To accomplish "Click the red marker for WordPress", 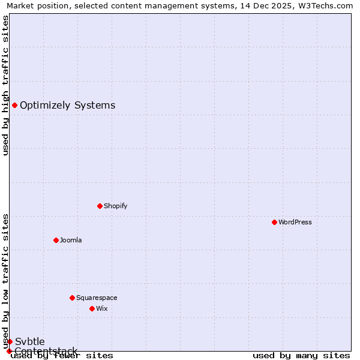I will (274, 222).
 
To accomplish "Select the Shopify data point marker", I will (100, 206).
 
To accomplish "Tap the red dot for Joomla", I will (56, 240).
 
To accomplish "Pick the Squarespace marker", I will (72, 298).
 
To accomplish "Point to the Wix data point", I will (92, 308).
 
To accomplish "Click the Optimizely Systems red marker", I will (14, 106).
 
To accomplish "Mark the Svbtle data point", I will (10, 341).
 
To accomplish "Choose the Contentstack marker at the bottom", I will (9, 351).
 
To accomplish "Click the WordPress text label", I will (295, 222).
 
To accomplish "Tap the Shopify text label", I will (116, 206).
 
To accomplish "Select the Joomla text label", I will (71, 240).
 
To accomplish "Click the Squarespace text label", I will (97, 298).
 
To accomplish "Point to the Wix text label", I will (102, 308).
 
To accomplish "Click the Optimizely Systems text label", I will (67, 106).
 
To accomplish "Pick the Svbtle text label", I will (29, 341).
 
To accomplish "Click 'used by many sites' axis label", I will (301, 355).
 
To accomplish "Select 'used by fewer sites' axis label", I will (62, 355).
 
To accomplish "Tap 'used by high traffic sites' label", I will (5, 85).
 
